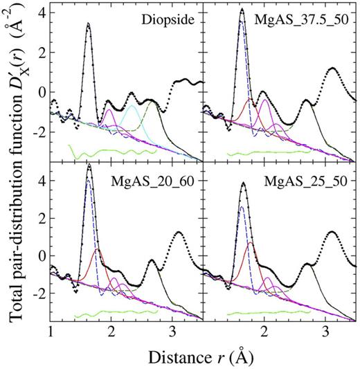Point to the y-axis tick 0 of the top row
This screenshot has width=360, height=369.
(42, 91)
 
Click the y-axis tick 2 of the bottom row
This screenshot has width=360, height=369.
(42, 217)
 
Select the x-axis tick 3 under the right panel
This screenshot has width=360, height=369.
(325, 331)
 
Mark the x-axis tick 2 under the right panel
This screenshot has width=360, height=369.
(263, 331)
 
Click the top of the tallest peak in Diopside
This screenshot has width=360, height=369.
(88, 24)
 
